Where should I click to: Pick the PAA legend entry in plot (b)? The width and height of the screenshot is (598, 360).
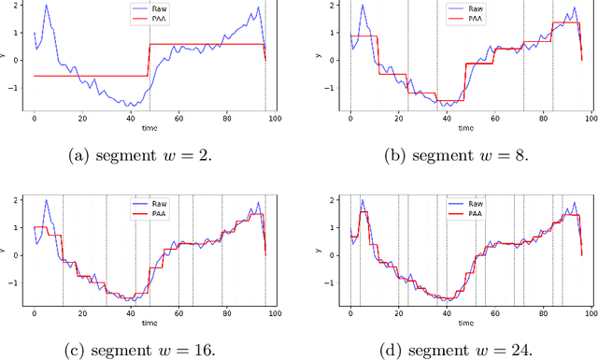tap(472, 17)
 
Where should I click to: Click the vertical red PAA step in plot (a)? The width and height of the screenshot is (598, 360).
tap(149, 60)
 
